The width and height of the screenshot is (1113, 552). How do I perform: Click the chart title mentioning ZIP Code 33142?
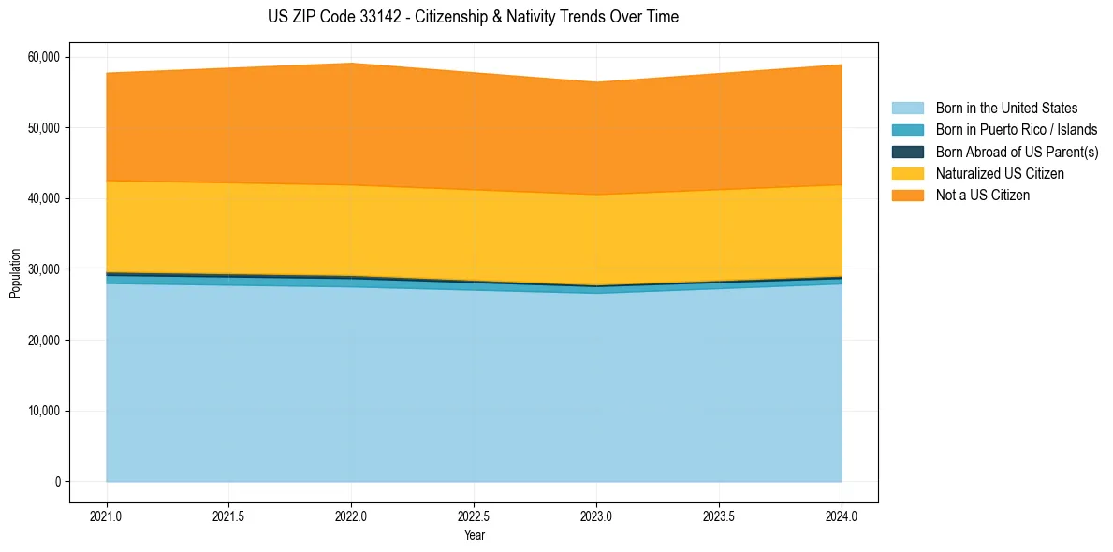(x=473, y=17)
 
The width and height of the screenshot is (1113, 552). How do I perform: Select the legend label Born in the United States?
(x=1006, y=109)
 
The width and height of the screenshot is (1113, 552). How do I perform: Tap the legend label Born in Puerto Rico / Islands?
(x=1017, y=130)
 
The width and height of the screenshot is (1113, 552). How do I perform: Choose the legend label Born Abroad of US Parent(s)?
(x=1017, y=152)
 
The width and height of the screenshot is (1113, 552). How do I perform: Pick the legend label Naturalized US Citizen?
(x=1000, y=174)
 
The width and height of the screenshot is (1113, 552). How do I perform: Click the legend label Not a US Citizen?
(x=982, y=196)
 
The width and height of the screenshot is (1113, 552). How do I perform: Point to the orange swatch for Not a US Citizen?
(x=907, y=196)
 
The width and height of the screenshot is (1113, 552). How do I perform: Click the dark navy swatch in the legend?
(x=907, y=152)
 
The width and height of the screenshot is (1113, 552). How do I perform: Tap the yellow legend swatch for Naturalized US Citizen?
(x=907, y=174)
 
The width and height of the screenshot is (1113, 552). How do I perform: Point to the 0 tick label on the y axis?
(x=57, y=482)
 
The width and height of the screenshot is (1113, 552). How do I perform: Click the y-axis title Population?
(x=15, y=273)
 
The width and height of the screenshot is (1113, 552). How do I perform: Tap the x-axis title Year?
(x=474, y=535)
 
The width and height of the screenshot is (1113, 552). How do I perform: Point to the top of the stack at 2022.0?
(x=351, y=64)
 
